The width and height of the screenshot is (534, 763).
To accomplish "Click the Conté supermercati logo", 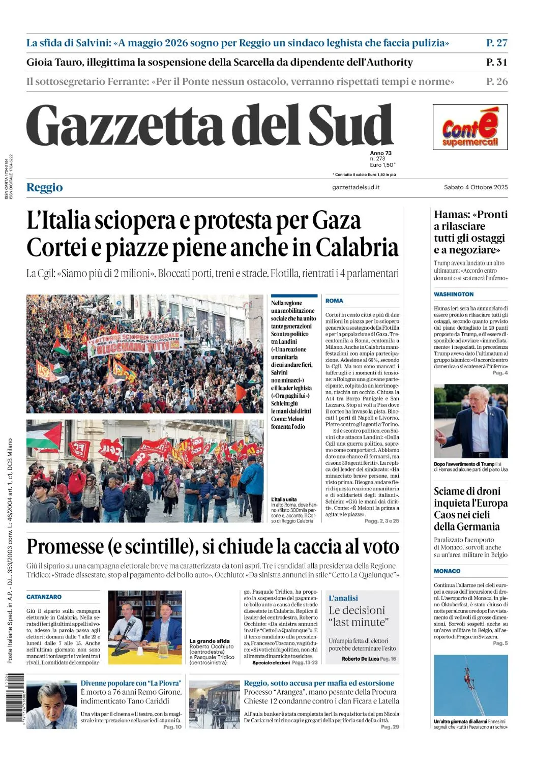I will tap(470, 127).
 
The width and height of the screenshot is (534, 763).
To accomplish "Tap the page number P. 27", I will tap(496, 43).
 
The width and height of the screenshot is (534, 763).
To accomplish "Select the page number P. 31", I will tap(496, 62).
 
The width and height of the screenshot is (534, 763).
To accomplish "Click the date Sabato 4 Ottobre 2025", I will tap(476, 187).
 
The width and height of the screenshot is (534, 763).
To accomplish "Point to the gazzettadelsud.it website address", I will tap(355, 187).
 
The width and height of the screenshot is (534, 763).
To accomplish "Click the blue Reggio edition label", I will tap(45, 187).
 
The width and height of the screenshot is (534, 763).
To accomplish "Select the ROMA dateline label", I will tap(334, 301).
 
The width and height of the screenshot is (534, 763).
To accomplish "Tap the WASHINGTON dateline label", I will tap(454, 294).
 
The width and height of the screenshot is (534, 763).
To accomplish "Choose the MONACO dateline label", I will tap(447, 571).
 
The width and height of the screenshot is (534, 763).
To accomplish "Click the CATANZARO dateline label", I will tap(44, 597).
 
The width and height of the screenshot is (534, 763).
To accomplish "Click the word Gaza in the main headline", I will tap(336, 221).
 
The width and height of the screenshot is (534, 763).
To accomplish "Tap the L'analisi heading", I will tap(343, 598).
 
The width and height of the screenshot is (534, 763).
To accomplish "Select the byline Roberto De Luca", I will tap(360, 659).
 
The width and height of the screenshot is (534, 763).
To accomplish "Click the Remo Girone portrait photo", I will tap(52, 705).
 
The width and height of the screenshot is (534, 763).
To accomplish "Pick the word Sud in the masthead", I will tap(351, 126).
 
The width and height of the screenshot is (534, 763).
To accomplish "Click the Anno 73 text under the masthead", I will tap(381, 153).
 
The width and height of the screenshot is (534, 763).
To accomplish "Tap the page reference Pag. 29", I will tap(390, 727).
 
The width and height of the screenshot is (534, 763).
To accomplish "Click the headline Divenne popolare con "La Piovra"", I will tap(131, 683).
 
